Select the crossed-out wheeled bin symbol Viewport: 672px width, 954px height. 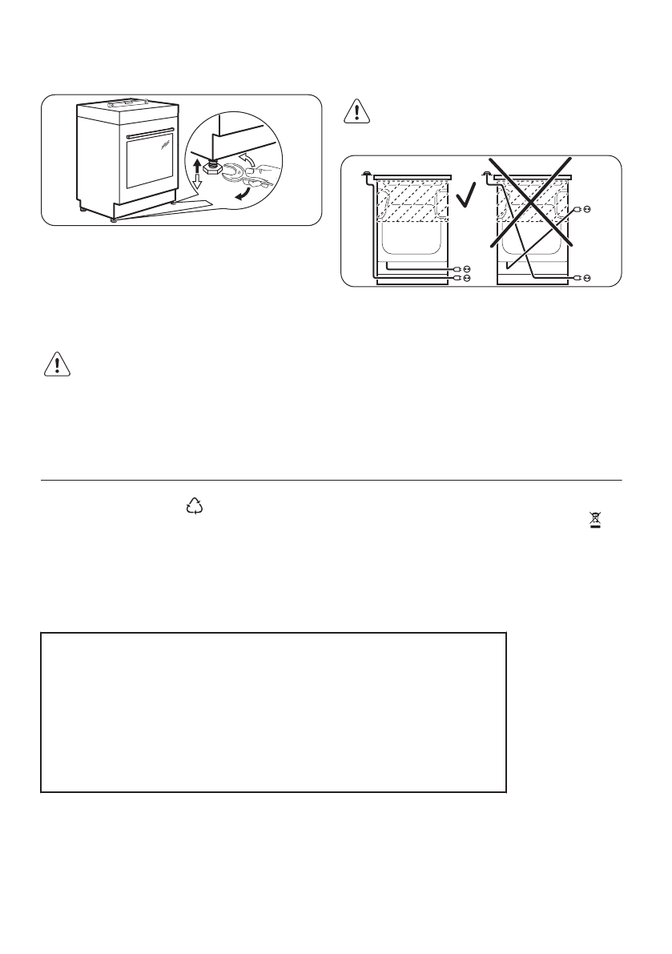(595, 521)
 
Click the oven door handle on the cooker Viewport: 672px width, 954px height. (151, 130)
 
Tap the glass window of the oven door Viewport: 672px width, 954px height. (150, 163)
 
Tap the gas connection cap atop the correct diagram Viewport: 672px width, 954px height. (366, 172)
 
